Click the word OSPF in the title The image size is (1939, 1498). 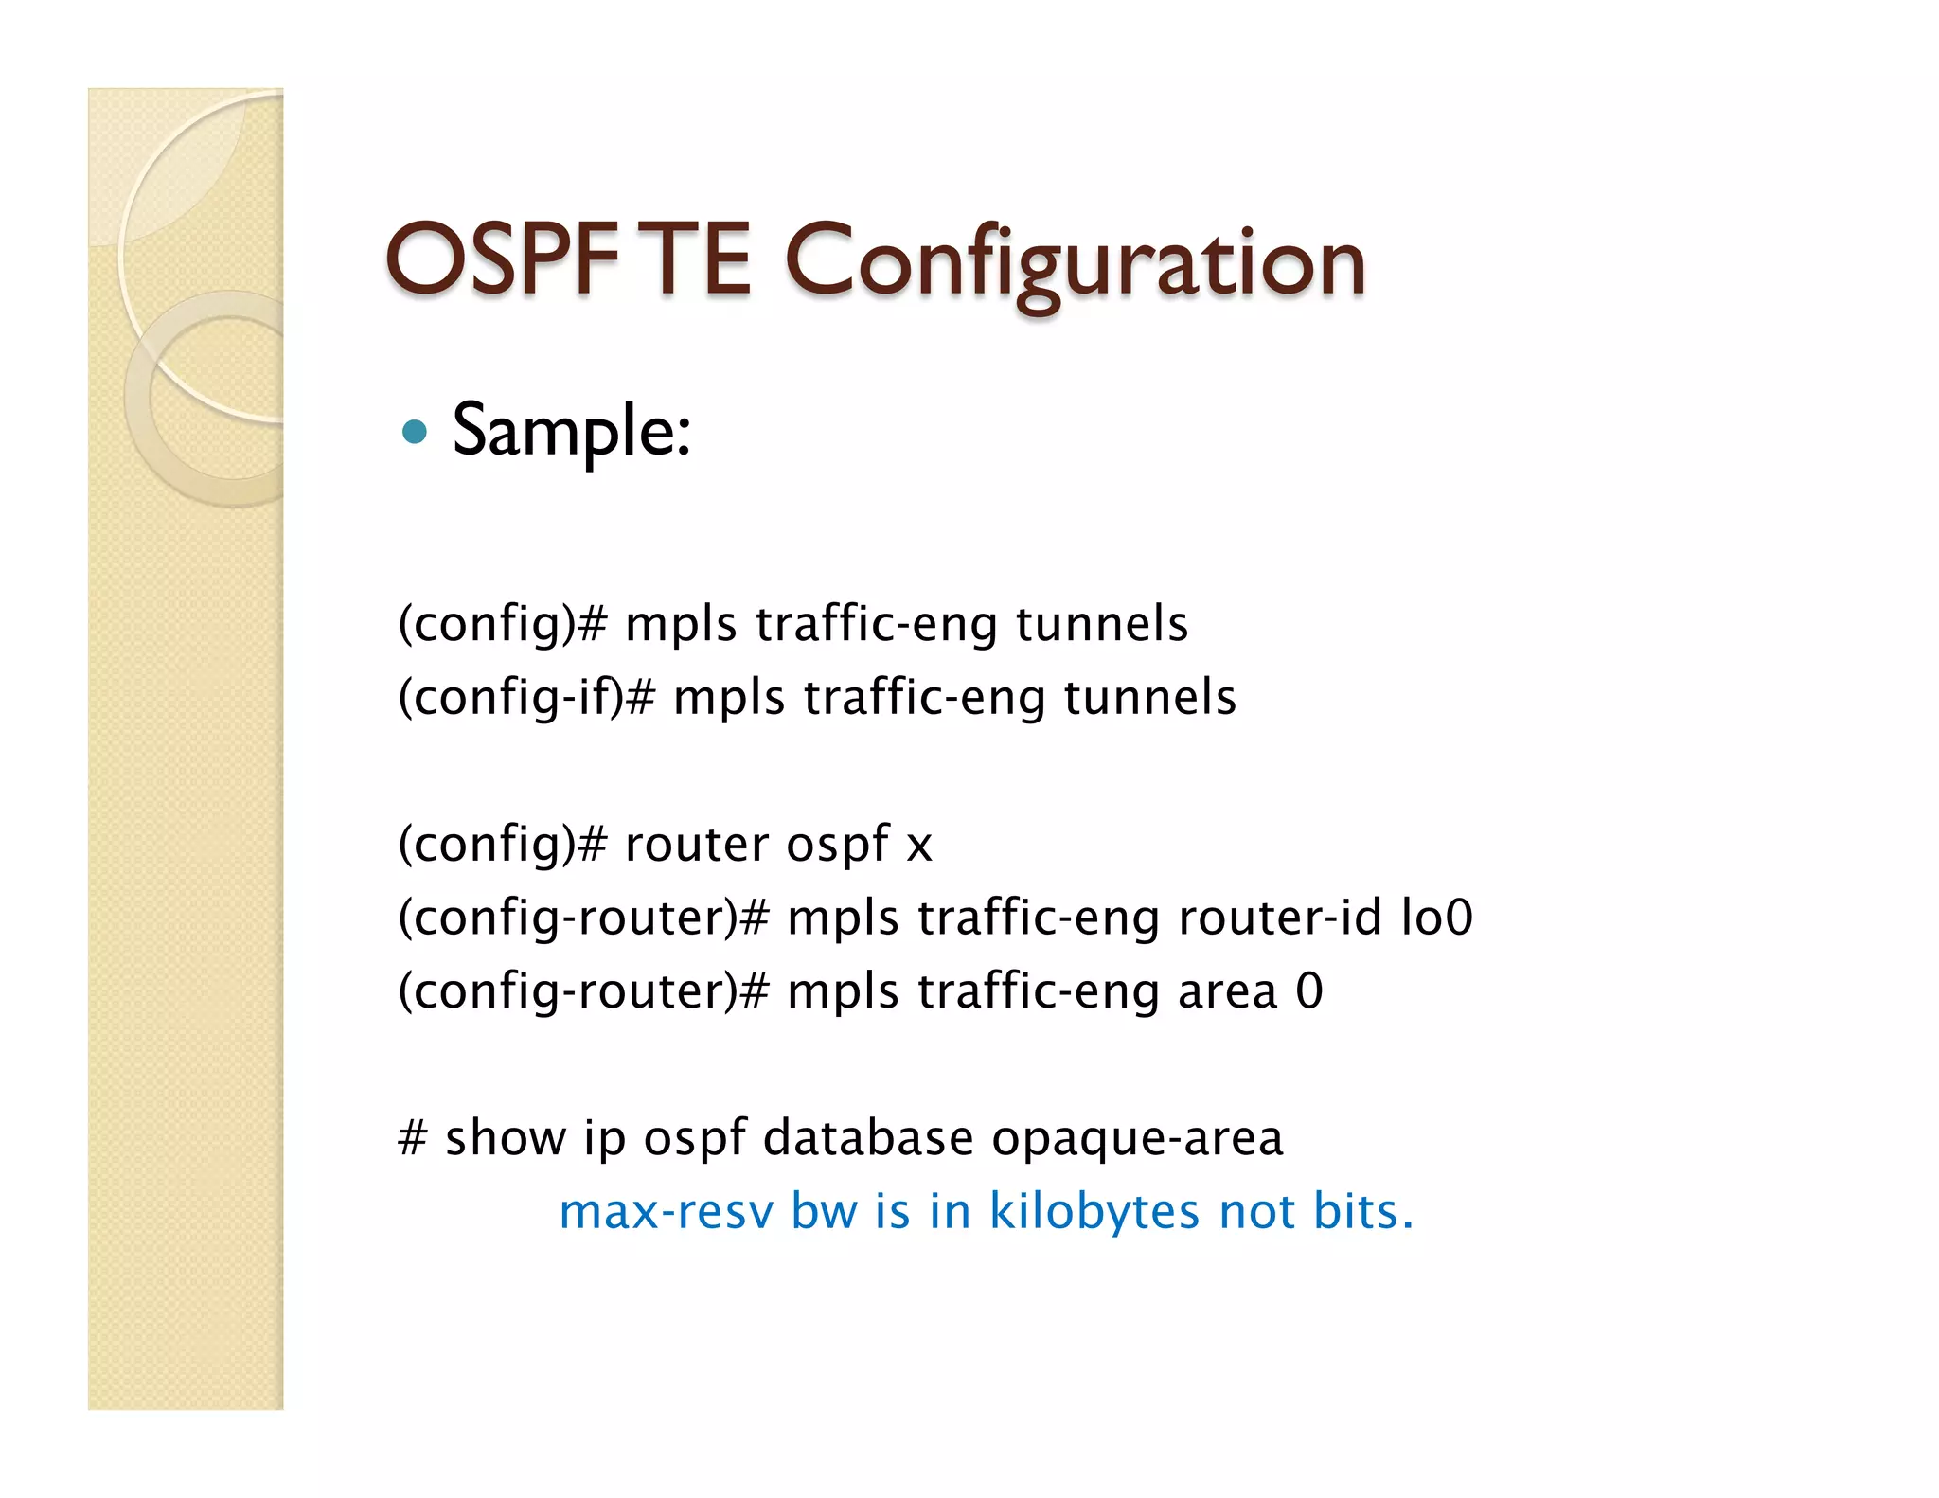point(502,259)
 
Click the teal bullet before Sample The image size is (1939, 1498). point(414,433)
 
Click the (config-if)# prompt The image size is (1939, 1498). point(526,698)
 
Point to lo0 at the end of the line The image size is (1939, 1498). point(1436,917)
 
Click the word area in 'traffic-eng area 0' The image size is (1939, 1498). point(1227,991)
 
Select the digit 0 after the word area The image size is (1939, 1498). point(1309,990)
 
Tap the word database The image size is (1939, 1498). point(868,1137)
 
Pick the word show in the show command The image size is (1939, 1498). point(505,1137)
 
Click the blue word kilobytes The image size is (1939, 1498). point(1094,1212)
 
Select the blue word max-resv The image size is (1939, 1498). point(666,1212)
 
